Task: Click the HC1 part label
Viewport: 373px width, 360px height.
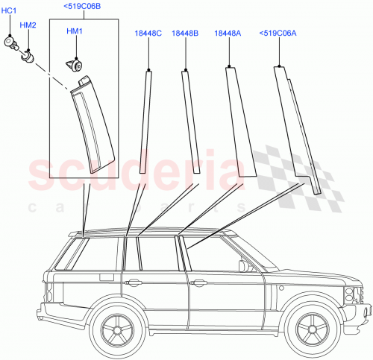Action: coord(9,10)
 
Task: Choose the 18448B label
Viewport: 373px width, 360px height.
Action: coord(184,33)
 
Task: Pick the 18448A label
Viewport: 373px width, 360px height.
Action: coord(227,33)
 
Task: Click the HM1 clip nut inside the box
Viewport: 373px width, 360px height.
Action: coord(75,65)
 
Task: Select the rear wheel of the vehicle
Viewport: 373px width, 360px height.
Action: coord(116,329)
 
